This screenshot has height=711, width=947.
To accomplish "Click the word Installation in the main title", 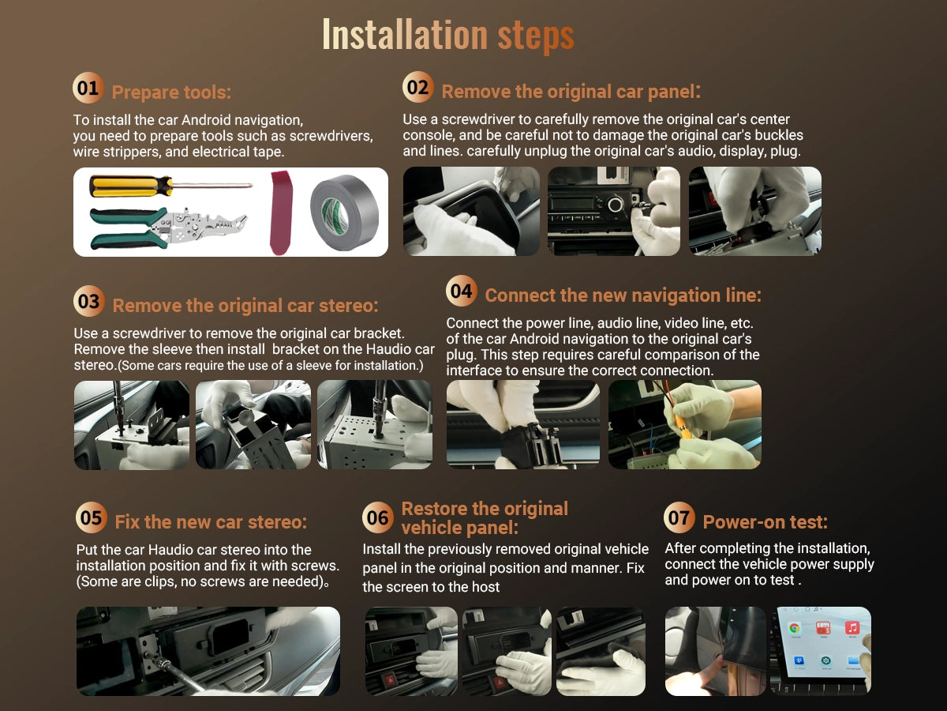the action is point(405,35).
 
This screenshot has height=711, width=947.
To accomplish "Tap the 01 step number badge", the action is point(88,88).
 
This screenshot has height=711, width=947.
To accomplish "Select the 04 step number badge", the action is point(461,291).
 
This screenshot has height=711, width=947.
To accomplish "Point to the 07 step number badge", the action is point(679,517).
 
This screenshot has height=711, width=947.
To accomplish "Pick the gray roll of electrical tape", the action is point(344,212).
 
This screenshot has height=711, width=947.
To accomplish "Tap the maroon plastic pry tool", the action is point(281,213).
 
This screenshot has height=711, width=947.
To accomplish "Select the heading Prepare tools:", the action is point(171,92).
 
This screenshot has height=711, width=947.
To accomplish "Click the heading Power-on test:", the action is point(765,522).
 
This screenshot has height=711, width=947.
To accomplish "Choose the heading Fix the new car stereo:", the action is point(211,522).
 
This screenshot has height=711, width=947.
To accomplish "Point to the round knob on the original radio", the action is point(616,204).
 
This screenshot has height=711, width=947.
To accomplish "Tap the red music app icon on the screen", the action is point(852,627).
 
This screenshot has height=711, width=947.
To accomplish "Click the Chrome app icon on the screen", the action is point(795,629).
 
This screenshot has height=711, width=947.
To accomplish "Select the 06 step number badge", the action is point(377,517).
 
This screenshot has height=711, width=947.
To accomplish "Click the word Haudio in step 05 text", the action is point(169,550).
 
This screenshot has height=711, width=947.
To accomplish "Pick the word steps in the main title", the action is point(536,36).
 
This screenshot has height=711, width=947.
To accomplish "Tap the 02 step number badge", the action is point(417,87).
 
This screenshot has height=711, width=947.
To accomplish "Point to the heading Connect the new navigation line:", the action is point(623,295).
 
